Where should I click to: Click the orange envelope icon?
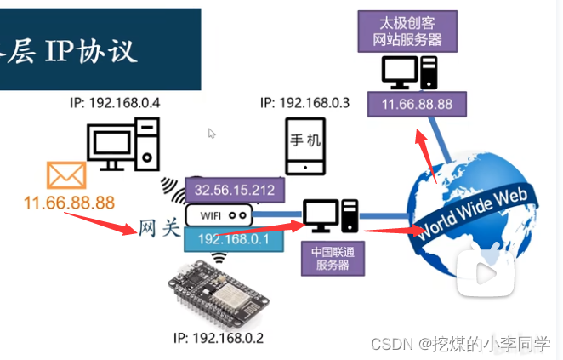[66, 176]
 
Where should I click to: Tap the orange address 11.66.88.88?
[69, 203]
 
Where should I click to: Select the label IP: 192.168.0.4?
[115, 103]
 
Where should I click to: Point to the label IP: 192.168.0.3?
[305, 103]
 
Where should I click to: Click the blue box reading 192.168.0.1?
[234, 239]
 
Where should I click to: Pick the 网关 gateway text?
[160, 227]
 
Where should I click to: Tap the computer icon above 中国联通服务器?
[333, 217]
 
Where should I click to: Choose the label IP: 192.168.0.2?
[219, 338]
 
